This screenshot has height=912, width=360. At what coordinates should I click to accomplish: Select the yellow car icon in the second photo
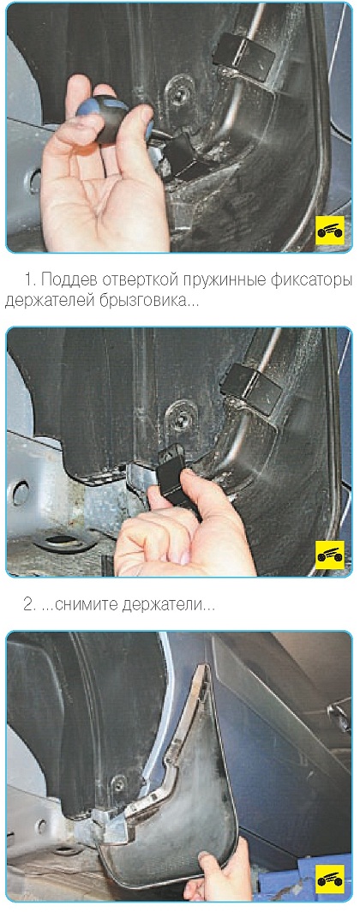330,555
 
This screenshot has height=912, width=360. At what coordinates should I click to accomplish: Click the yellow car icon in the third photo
330,879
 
